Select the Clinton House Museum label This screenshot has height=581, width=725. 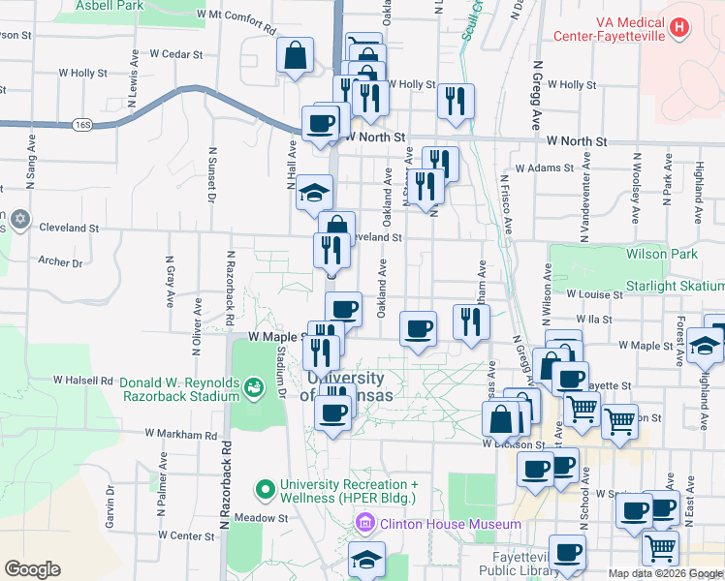(x=451, y=524)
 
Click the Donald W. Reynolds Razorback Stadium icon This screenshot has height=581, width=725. (x=254, y=387)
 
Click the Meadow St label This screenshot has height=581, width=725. (x=270, y=518)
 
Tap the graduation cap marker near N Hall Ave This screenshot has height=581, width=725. (x=315, y=191)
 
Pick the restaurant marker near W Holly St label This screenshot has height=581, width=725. (x=455, y=101)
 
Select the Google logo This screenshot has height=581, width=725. (x=32, y=569)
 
